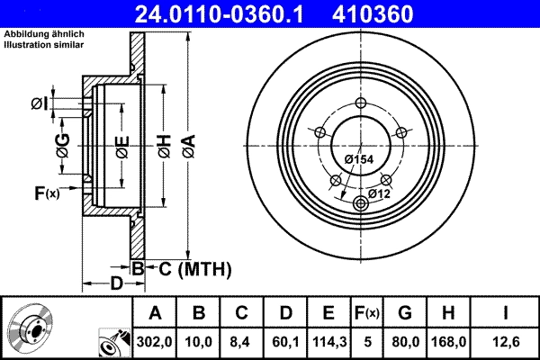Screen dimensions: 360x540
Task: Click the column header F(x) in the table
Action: [366, 313]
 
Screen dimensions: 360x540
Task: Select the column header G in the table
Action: [405, 313]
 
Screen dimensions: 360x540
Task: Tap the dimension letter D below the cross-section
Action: [116, 284]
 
